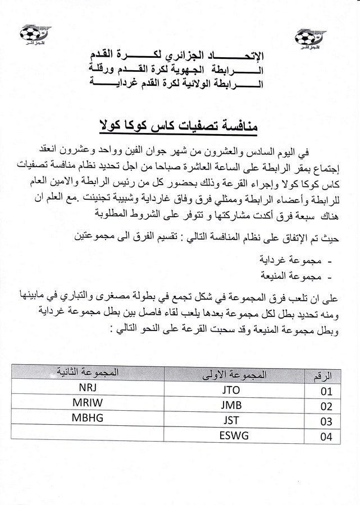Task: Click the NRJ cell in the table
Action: [x=88, y=387]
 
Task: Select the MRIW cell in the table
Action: [x=88, y=402]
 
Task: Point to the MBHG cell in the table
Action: [x=88, y=417]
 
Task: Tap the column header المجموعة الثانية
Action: [x=88, y=371]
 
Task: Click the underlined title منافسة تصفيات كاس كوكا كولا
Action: [x=177, y=124]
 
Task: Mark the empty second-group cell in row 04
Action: [x=88, y=433]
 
